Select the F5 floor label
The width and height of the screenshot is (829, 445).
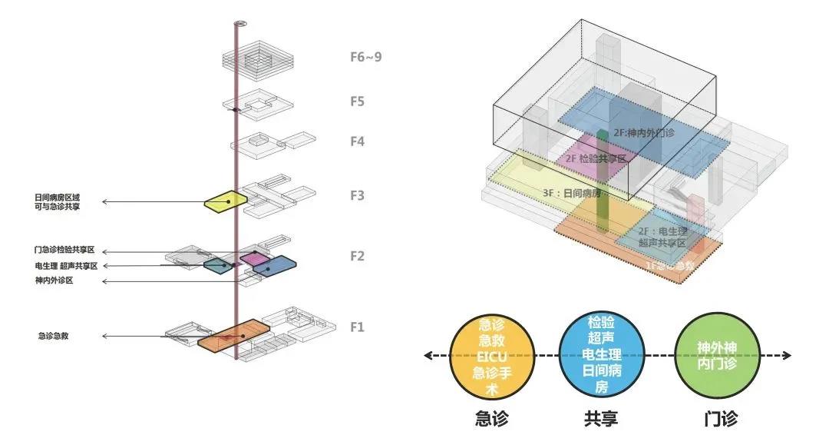[357, 101]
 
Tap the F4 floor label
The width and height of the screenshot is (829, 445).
[357, 141]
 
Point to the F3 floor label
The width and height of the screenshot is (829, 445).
[357, 195]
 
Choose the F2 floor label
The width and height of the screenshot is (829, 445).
[357, 256]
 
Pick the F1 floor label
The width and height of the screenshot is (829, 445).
[357, 327]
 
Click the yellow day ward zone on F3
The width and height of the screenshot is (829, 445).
[225, 201]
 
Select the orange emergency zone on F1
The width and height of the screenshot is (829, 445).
[233, 337]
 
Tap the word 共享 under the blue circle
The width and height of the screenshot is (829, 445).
[601, 419]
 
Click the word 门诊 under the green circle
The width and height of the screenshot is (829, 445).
[720, 419]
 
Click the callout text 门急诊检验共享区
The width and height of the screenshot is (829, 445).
[70, 251]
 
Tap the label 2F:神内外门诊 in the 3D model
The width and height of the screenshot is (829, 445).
[643, 133]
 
